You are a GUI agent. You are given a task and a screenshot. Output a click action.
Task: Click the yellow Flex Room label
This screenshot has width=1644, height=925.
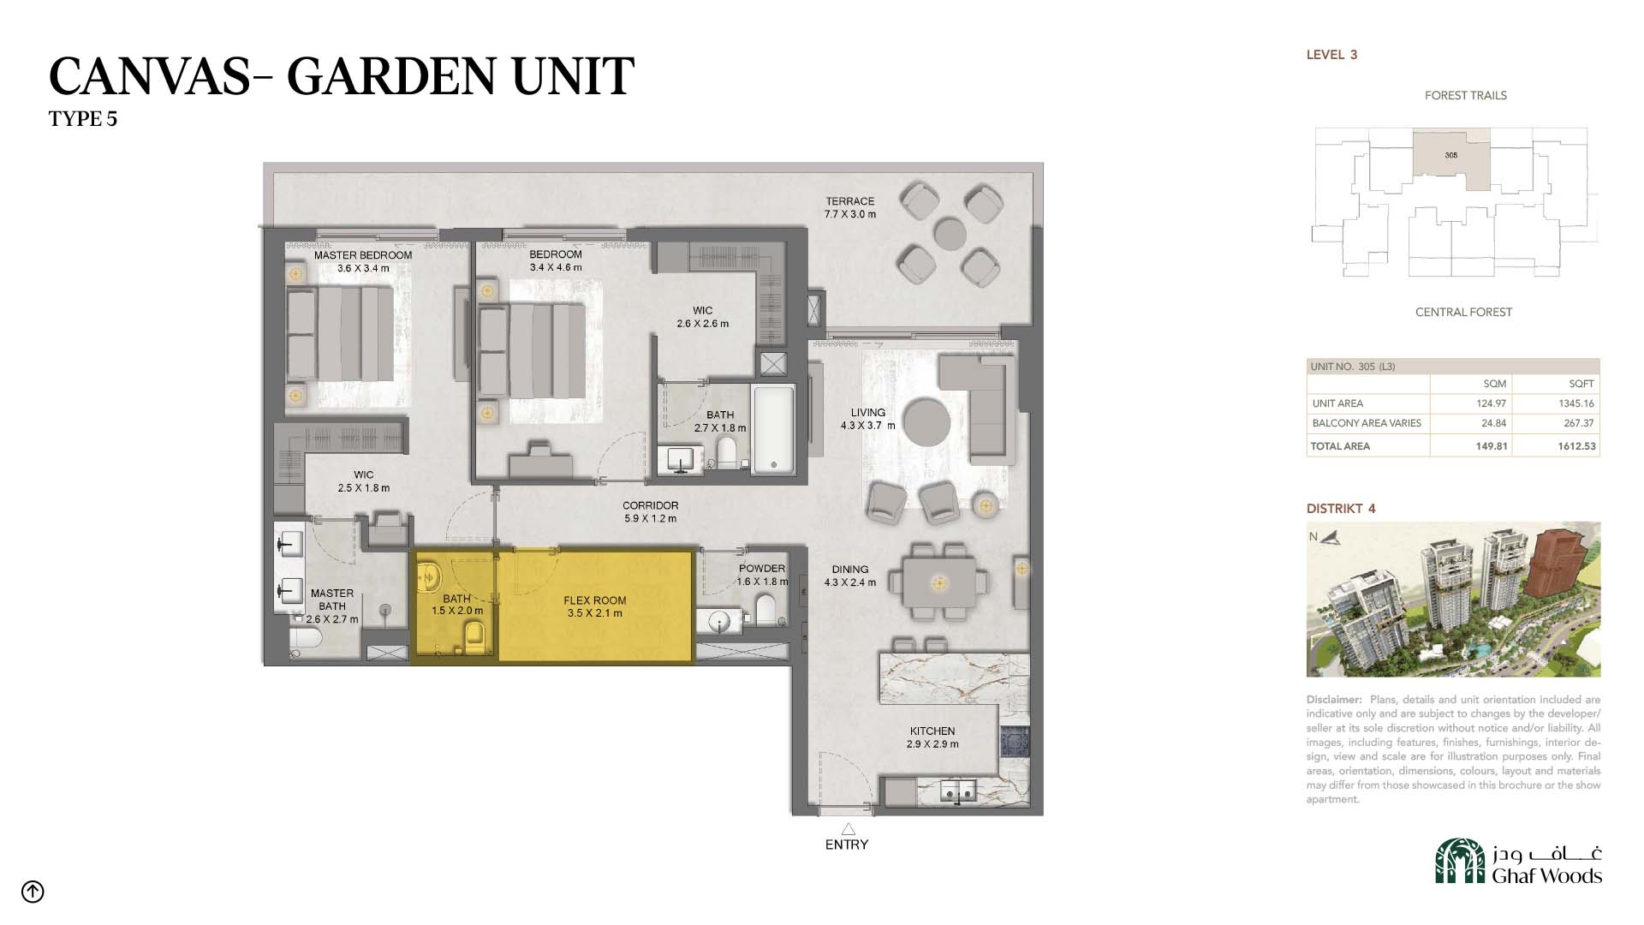(594, 606)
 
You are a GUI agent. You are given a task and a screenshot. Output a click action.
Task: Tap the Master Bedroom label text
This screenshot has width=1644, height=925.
(363, 255)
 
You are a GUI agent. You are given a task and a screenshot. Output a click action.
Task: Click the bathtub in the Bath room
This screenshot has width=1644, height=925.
(774, 429)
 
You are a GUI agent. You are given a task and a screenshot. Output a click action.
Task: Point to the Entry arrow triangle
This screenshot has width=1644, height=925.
(848, 829)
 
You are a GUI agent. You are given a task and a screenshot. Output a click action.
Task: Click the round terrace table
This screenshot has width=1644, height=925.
(950, 233)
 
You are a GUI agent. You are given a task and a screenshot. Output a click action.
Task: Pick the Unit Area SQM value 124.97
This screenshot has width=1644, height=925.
(1491, 403)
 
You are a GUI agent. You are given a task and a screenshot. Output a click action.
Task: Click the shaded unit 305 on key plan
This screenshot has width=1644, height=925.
(1450, 158)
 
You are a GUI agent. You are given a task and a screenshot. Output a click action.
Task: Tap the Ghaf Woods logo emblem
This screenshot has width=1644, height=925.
(1460, 861)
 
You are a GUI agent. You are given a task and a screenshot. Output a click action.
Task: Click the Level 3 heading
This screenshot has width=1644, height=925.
(1331, 55)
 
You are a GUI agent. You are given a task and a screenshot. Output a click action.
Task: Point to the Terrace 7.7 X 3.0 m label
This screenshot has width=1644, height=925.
(850, 208)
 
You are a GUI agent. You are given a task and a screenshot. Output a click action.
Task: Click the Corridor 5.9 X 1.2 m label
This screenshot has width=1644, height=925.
(651, 512)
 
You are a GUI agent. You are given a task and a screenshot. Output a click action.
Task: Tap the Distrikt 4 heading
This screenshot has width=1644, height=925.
(1341, 509)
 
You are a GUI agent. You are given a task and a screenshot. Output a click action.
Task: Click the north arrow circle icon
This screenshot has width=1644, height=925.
(33, 892)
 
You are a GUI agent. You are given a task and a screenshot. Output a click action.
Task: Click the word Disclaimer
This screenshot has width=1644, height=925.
(1334, 700)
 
